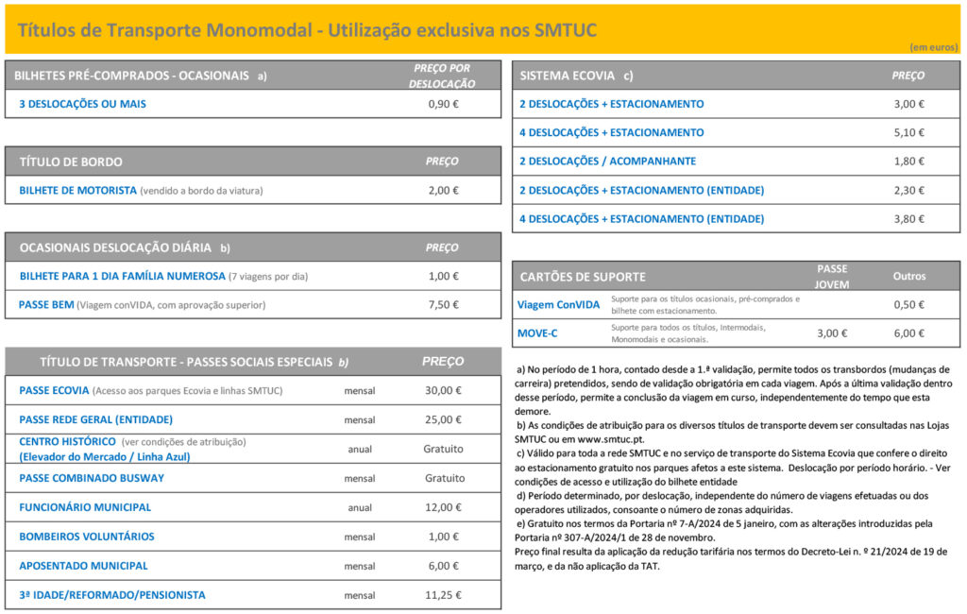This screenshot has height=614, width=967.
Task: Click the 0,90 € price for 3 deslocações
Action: pos(443,104)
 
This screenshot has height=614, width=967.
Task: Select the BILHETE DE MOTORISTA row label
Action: pos(78,190)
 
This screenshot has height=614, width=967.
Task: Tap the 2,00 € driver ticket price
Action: pos(443,190)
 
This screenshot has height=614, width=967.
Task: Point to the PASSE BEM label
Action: pos(46,305)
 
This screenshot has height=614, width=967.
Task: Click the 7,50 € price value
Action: pos(443,305)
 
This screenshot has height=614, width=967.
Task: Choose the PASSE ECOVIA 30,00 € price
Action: pos(443,390)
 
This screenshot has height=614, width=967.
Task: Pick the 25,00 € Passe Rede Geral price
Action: pos(443,419)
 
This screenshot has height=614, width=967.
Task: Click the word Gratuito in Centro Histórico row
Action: pos(443,449)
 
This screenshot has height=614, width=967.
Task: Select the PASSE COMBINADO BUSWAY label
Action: pos(92,478)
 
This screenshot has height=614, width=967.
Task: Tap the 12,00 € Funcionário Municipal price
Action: pos(443,507)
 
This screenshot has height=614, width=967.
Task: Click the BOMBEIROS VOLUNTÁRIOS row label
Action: pos(87,537)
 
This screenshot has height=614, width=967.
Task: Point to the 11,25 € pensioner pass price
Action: pos(443,595)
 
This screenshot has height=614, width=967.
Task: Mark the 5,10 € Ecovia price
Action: pos(908,132)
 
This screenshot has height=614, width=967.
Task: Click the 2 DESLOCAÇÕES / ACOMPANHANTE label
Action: pos(607,162)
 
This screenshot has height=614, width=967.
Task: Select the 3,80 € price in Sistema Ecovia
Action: pos(908,219)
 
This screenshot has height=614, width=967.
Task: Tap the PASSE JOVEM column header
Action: pos(832,276)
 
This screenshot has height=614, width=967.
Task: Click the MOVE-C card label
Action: pos(537,333)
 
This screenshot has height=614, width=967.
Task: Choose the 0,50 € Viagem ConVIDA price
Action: pos(908,305)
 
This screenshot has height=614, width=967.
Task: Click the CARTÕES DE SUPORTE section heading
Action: pos(583,277)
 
